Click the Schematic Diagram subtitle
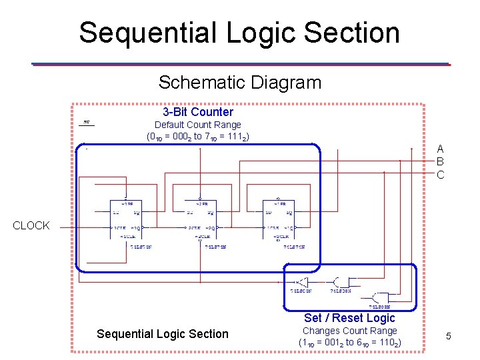(239, 83)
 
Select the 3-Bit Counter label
(198, 112)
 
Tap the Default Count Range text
(198, 125)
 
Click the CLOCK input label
(31, 226)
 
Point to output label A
(440, 149)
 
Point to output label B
(440, 161)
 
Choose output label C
(440, 175)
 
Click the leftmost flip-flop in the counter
(127, 220)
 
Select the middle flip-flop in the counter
(201, 220)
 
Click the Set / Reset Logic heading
(349, 318)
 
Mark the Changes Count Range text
(349, 331)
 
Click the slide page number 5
(449, 336)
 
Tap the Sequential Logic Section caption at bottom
(162, 334)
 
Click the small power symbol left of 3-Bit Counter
(87, 123)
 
